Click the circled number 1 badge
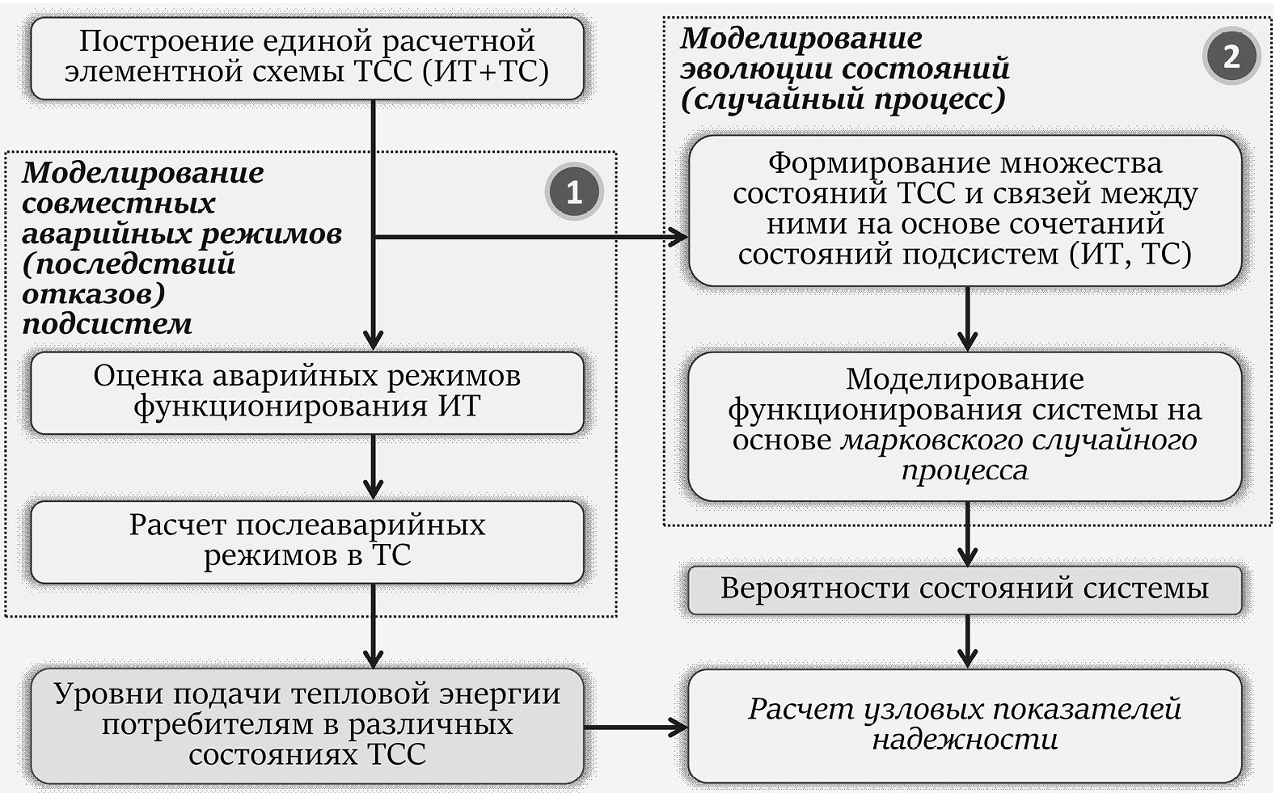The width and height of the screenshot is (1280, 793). click(x=573, y=192)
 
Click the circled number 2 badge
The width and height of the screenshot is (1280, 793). click(x=1231, y=56)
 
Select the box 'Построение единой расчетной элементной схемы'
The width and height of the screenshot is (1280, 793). click(x=306, y=57)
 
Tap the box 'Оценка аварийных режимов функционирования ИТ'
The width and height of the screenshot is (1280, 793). click(x=306, y=392)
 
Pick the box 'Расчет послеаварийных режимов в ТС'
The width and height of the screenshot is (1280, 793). click(x=306, y=541)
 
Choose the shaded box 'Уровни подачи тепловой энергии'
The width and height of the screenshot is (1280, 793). click(x=306, y=724)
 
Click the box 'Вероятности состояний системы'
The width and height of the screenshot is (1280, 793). click(x=964, y=589)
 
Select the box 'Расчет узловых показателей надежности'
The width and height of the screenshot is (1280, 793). click(x=964, y=724)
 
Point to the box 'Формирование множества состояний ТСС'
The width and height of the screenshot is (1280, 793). click(x=964, y=209)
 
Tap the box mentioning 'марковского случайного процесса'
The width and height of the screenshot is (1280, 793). click(x=964, y=425)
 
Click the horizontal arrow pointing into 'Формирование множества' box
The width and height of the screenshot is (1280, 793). click(x=534, y=237)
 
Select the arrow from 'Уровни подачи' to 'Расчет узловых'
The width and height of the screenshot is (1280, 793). click(x=636, y=727)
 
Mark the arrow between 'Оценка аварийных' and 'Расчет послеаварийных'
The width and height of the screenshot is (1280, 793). click(x=373, y=467)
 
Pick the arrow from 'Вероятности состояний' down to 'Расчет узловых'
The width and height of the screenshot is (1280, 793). click(x=967, y=641)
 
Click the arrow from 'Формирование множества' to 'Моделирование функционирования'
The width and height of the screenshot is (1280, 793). click(x=967, y=318)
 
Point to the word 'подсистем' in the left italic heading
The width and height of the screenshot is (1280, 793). click(x=107, y=324)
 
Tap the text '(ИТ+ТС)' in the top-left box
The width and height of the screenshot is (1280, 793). click(x=485, y=72)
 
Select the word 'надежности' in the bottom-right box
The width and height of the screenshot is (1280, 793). click(x=965, y=740)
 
